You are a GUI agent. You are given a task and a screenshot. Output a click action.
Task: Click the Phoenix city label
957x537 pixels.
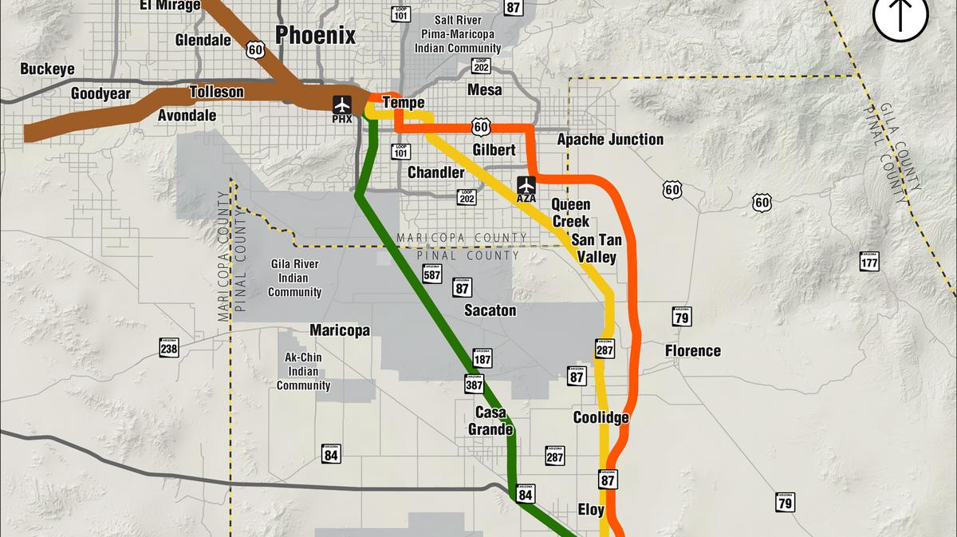click(x=315, y=35)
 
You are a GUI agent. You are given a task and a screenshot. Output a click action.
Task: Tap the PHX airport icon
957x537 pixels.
click(x=342, y=105)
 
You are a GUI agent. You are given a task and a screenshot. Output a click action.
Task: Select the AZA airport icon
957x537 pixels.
click(x=526, y=186)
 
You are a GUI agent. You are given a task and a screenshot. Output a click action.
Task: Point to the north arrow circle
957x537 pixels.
click(x=900, y=16)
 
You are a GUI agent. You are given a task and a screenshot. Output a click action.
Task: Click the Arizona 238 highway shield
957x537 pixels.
click(x=168, y=348)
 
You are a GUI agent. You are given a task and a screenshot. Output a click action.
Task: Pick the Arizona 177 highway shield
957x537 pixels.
click(x=869, y=261)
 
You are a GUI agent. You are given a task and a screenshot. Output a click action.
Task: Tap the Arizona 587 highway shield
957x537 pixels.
click(x=431, y=274)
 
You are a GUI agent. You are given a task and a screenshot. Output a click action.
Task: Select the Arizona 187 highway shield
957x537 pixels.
click(x=482, y=357)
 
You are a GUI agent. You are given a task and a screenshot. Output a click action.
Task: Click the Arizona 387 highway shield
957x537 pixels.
click(x=475, y=384)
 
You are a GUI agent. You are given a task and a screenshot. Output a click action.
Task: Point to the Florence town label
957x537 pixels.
click(x=692, y=350)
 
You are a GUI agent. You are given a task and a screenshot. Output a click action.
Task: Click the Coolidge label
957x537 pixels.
click(x=601, y=417)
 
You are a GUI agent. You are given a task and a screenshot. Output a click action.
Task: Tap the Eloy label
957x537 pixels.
click(x=591, y=510)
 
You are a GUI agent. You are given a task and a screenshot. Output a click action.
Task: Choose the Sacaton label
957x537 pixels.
click(x=490, y=310)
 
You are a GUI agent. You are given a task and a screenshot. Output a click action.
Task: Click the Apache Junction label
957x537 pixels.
click(x=610, y=140)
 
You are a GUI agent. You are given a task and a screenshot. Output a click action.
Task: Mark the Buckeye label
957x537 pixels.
click(x=47, y=69)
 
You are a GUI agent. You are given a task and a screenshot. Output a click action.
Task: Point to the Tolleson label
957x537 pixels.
click(x=216, y=92)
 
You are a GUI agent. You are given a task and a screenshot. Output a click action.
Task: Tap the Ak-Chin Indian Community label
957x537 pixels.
click(x=303, y=371)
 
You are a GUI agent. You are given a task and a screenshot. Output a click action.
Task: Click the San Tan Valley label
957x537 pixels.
click(x=597, y=248)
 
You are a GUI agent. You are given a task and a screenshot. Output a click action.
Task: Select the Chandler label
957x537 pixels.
click(x=435, y=172)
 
